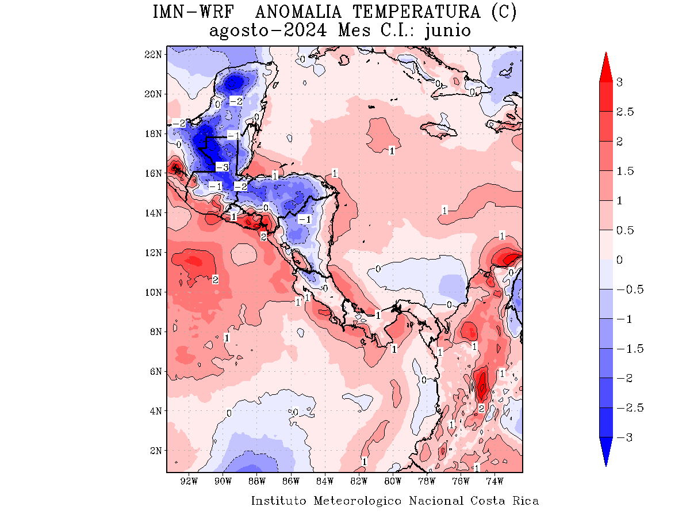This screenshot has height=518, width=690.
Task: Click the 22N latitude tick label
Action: pos(154,54)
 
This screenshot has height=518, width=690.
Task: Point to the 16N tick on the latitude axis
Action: pos(154,173)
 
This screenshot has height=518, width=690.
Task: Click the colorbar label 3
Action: pos(619,82)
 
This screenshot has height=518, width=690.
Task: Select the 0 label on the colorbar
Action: pos(619,260)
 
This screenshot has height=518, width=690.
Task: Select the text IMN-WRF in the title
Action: pos(193,12)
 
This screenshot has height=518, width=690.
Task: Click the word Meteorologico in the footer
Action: pos(358,501)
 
